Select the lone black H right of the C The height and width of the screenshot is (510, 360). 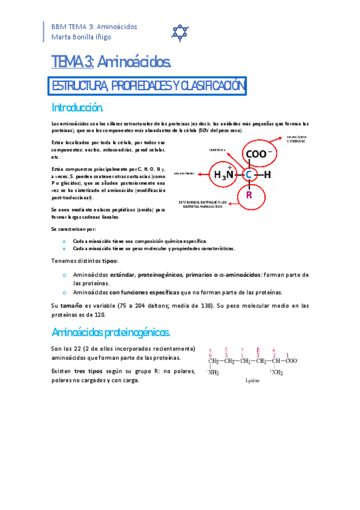tap(268, 175)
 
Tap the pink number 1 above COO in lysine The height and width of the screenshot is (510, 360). tap(288, 354)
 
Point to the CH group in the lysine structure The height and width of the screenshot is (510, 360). tap(276, 361)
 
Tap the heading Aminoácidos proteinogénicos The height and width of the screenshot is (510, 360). tap(112, 333)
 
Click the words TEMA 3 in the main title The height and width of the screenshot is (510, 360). tap(71, 62)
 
